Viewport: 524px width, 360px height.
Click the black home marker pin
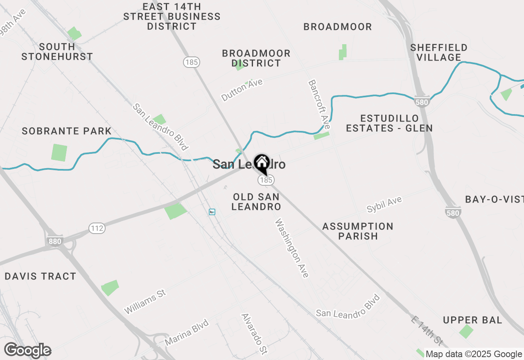click(262, 164)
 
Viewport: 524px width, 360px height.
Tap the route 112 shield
click(97, 228)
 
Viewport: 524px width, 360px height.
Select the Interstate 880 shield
click(54, 241)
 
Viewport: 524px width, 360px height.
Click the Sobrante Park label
click(67, 131)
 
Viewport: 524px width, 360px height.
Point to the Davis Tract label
click(41, 277)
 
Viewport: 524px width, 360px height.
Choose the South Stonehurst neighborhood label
click(57, 52)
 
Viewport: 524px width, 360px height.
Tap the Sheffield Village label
click(439, 52)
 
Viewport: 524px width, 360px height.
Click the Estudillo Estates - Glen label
click(389, 124)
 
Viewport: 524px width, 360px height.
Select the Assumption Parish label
click(358, 231)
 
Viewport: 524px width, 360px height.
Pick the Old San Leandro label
click(256, 202)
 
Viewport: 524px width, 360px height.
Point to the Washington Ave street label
click(291, 248)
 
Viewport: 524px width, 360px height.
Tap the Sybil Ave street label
click(384, 205)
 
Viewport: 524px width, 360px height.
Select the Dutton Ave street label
click(242, 90)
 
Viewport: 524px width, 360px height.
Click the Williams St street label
click(145, 302)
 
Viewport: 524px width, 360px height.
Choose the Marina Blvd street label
click(187, 332)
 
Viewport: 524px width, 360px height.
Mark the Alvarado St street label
click(254, 334)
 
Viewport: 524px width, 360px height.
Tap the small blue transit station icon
click(212, 211)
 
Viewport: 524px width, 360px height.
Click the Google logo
click(27, 351)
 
